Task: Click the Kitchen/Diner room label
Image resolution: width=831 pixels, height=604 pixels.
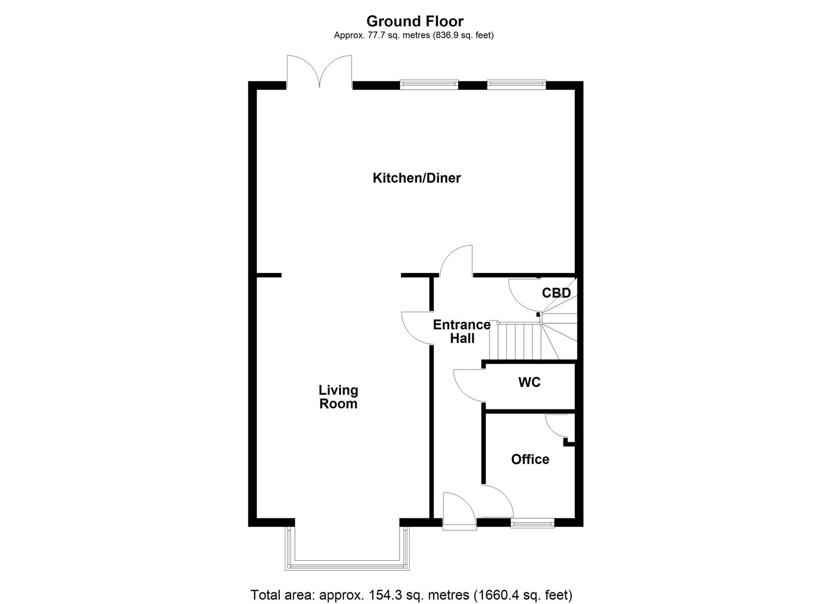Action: point(416,178)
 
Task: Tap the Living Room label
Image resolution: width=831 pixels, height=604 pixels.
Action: point(338,397)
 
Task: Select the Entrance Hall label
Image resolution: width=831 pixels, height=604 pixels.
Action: point(462,331)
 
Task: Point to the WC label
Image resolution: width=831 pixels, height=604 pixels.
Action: point(529,382)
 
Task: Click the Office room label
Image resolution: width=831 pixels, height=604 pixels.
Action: point(530,459)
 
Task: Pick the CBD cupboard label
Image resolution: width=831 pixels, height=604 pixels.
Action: point(556,293)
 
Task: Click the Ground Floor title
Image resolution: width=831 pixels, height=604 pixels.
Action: point(415,21)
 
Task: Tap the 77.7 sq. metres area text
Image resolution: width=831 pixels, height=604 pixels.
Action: point(414,35)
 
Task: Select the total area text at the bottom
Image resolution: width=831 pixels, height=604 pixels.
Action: point(411,594)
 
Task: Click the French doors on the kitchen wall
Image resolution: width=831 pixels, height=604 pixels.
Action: point(320,73)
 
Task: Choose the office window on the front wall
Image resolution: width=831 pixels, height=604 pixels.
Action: point(532,523)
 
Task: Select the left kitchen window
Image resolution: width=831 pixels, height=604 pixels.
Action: point(429,84)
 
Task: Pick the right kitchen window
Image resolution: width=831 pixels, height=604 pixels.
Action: point(515,84)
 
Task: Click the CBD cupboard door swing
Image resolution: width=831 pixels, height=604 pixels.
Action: point(524,295)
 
